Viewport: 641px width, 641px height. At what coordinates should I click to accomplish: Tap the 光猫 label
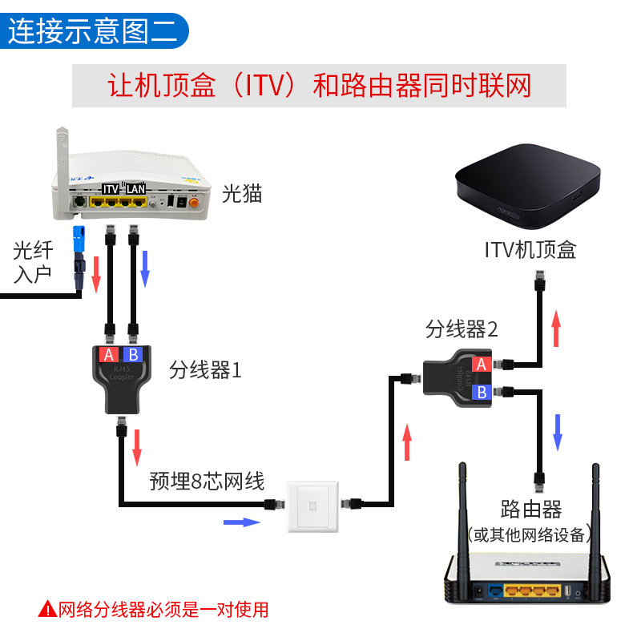tap(242, 193)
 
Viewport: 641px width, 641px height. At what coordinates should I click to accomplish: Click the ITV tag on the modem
tap(110, 189)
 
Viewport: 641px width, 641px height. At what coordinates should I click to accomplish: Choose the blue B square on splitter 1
tap(134, 355)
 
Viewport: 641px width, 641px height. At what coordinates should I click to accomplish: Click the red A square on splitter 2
tap(481, 365)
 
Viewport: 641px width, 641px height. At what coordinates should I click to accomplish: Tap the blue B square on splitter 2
tap(482, 393)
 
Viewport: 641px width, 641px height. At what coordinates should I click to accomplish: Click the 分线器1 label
tap(205, 371)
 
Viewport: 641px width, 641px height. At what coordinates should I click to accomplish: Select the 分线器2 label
tap(462, 329)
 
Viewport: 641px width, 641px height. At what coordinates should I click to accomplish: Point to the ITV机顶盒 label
tap(530, 251)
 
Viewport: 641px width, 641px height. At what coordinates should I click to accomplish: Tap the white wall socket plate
tap(312, 505)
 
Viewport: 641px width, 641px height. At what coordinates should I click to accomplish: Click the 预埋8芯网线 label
tap(207, 482)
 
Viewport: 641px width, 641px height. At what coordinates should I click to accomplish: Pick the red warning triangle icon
tap(47, 610)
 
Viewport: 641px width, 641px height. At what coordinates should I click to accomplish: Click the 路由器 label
tap(530, 509)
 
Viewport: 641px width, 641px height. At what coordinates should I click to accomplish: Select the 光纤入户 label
tap(33, 263)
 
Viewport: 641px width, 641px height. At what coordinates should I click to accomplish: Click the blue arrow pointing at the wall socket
tap(241, 522)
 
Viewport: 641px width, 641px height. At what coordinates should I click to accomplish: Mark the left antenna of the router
tap(463, 521)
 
